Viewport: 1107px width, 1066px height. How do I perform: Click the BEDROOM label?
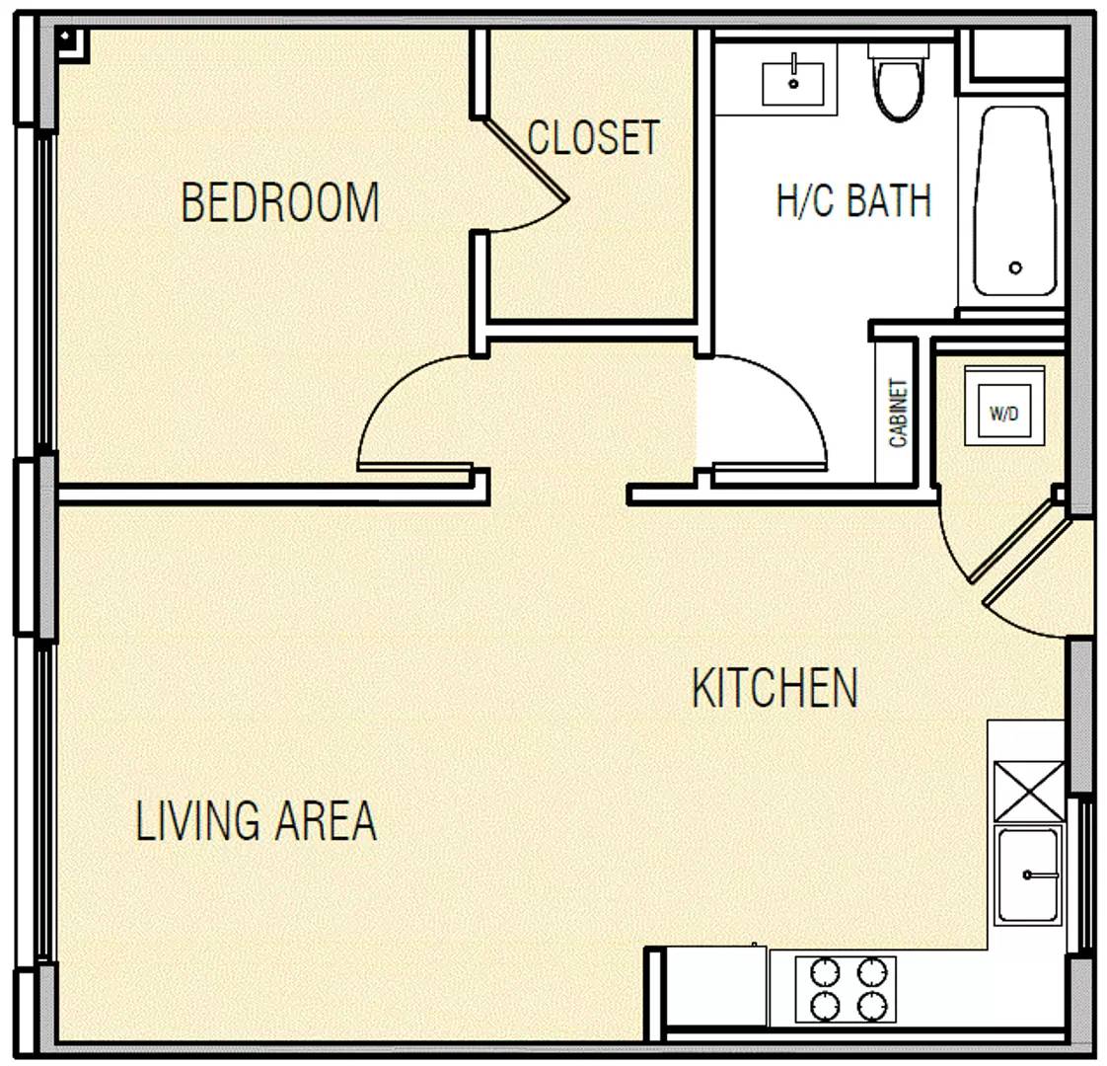pos(280,202)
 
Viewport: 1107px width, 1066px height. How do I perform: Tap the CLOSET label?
pos(593,137)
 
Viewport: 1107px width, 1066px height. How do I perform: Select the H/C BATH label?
pos(853,200)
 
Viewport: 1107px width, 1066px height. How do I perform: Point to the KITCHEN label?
pos(775,687)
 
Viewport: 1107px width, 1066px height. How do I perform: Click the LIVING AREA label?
pos(256,820)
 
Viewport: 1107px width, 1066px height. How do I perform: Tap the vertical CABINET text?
pos(898,414)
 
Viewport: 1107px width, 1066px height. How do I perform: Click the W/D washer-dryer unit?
pos(1004,406)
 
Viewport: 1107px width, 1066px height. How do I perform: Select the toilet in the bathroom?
pos(899,80)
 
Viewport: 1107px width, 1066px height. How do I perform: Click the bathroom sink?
pos(793,83)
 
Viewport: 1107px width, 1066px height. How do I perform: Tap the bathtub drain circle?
pos(1016,267)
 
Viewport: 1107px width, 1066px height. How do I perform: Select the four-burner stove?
pos(846,989)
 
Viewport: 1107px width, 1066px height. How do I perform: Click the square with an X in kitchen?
pos(1029,792)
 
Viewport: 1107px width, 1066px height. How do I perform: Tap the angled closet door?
pos(525,159)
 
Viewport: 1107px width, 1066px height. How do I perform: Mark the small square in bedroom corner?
pos(71,43)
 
